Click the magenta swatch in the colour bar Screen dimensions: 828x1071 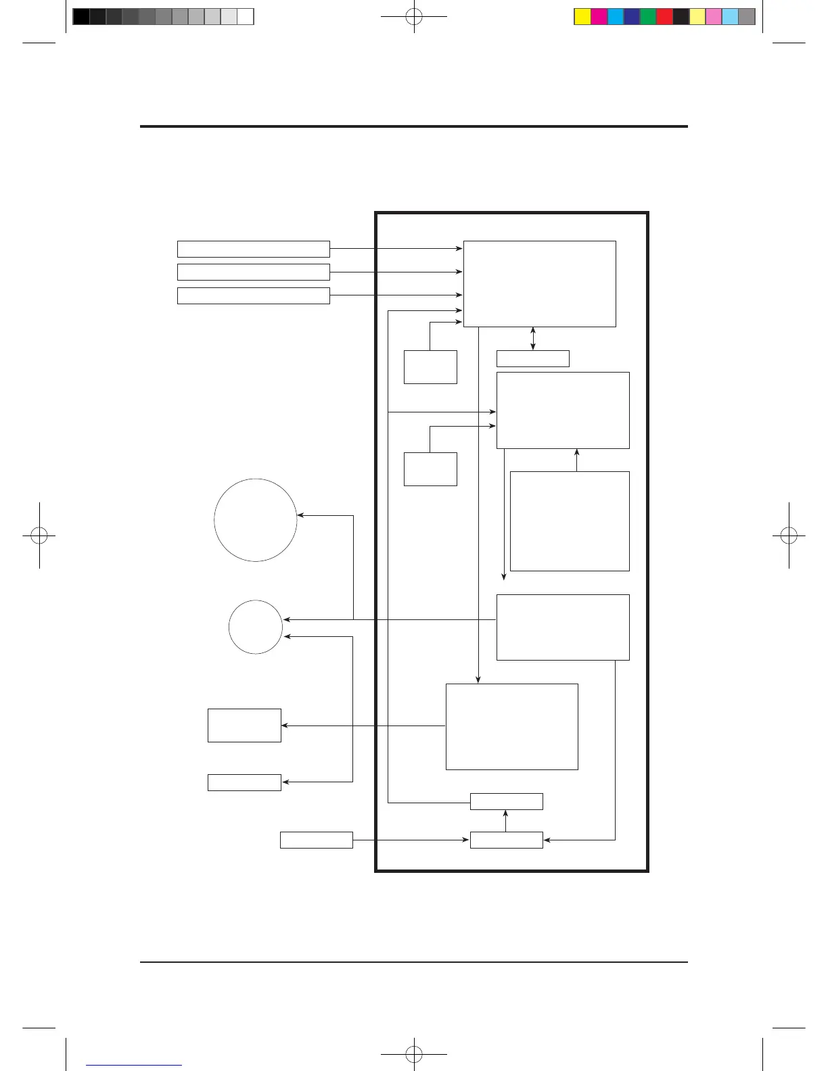[599, 17]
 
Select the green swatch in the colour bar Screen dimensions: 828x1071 [648, 17]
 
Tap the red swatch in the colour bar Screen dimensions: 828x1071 [664, 17]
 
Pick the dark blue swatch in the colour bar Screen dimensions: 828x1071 [632, 17]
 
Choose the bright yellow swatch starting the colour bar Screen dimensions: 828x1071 [582, 17]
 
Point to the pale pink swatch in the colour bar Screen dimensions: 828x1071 [714, 17]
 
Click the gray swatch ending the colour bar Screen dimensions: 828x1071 [747, 17]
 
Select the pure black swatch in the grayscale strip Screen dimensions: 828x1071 [80, 17]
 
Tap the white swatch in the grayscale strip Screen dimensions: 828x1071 [246, 17]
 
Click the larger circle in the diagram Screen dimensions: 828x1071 [256, 520]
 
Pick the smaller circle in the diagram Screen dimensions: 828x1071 [256, 627]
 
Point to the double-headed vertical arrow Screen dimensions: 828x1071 [533, 339]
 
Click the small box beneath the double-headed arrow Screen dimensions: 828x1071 [533, 358]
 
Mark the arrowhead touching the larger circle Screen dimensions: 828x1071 [300, 515]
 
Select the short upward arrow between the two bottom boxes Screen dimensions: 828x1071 [506, 820]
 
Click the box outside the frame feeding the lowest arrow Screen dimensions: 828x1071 [317, 840]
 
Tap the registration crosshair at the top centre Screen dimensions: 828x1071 [414, 17]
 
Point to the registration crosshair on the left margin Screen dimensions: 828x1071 [39, 535]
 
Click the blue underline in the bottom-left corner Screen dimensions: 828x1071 [135, 1065]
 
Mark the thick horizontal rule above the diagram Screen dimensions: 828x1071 [414, 126]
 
